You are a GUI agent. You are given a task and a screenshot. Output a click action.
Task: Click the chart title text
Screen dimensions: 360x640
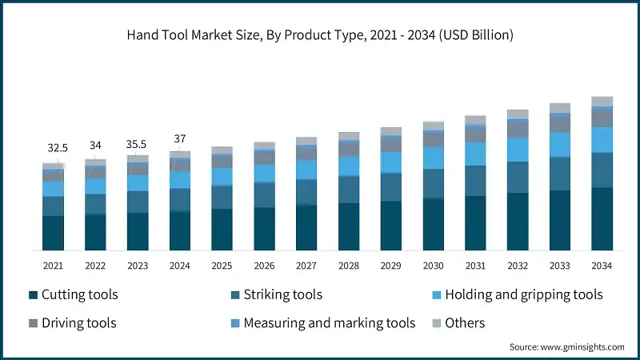pos(320,35)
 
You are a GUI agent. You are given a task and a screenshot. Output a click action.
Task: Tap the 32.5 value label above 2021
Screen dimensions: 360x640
pos(57,148)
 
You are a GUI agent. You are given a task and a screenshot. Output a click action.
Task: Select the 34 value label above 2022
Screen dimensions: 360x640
pos(95,145)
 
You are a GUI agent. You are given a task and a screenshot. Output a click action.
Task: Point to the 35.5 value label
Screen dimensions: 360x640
pos(137,144)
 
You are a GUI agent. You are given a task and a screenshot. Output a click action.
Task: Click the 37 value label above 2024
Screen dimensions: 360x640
pos(179,138)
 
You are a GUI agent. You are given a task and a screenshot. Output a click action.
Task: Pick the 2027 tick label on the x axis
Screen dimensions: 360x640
pos(306,265)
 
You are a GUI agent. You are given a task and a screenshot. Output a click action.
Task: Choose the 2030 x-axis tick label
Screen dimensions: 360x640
pos(433,265)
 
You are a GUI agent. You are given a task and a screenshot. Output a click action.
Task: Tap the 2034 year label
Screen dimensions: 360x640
pos(602,265)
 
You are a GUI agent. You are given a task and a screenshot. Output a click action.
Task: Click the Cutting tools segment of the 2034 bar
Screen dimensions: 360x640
pos(602,219)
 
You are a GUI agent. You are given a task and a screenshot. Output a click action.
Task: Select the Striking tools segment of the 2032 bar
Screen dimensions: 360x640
pos(518,177)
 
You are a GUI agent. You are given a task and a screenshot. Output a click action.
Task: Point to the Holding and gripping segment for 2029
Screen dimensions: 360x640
pos(391,162)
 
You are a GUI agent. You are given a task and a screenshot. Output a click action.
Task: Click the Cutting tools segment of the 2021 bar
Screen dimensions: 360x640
pos(54,233)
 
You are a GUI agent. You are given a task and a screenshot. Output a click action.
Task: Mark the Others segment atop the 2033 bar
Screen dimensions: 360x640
pos(560,108)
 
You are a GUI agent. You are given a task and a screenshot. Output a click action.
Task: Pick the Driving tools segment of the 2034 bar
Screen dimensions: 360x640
pos(602,118)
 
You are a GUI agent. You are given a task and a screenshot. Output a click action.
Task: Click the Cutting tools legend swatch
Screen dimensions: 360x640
pos(33,295)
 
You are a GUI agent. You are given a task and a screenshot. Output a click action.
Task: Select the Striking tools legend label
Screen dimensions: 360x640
pos(283,295)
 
